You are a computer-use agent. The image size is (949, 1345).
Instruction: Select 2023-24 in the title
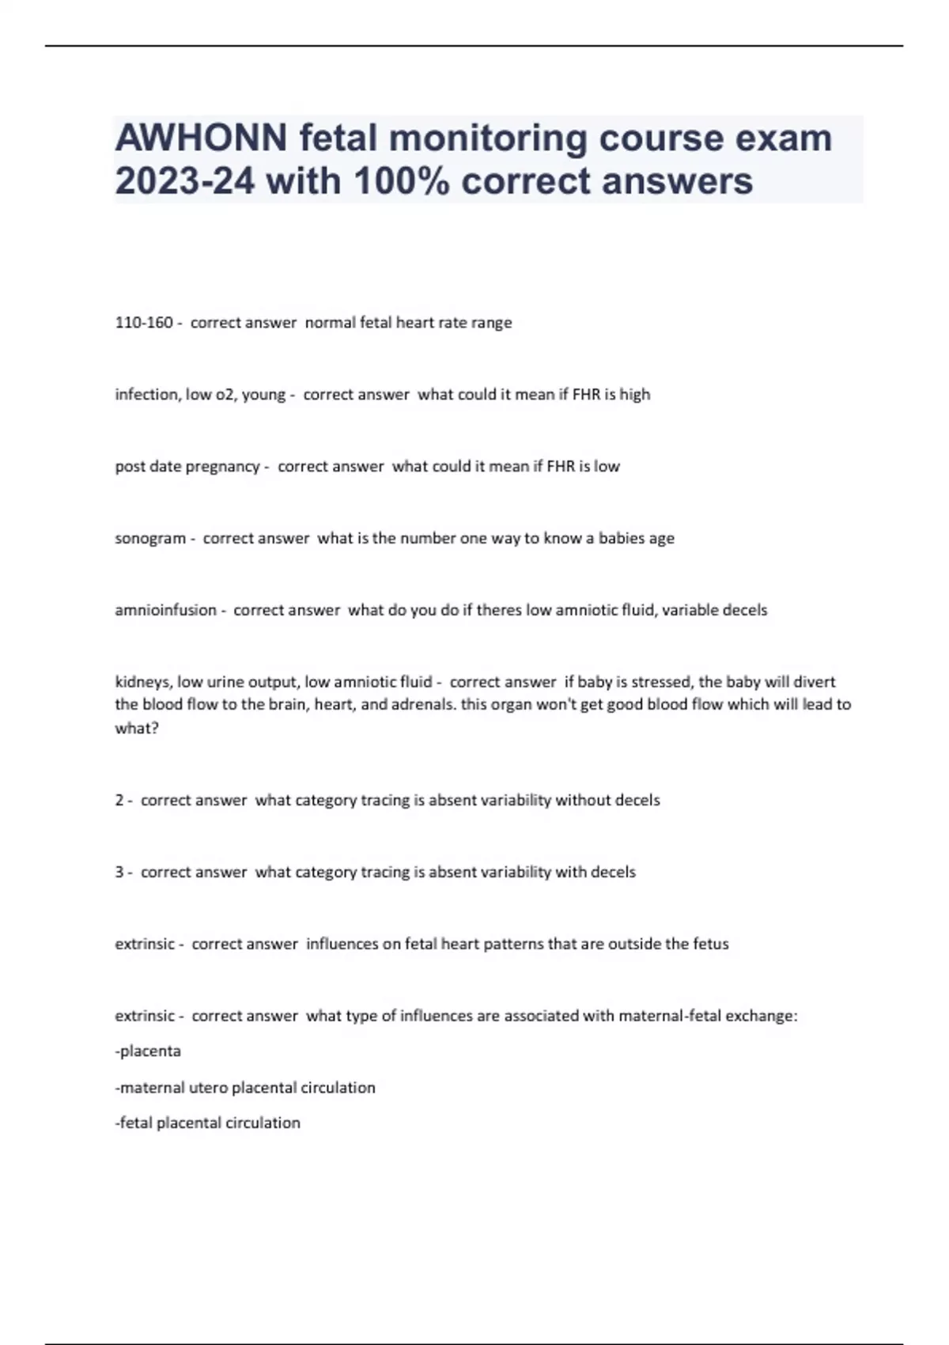(185, 181)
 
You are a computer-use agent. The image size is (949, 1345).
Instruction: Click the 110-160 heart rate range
(144, 323)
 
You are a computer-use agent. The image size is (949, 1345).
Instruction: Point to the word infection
(146, 394)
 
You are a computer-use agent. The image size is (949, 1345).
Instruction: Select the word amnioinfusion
(165, 610)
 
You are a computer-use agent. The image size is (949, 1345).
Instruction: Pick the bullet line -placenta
(149, 1051)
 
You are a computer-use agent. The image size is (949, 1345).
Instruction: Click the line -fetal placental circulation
(208, 1123)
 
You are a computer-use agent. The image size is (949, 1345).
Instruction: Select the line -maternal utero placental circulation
(245, 1088)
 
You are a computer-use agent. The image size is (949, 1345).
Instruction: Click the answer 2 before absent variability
(119, 800)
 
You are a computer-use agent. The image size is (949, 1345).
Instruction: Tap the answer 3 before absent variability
(119, 872)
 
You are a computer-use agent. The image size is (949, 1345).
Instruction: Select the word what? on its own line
(137, 728)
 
